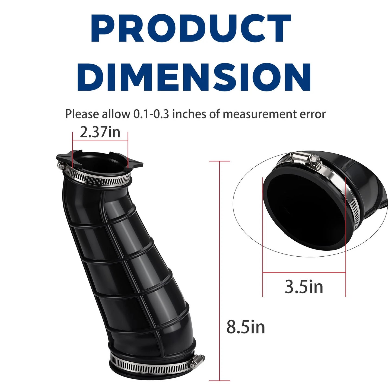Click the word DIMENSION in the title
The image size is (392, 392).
point(194,77)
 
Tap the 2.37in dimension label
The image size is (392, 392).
point(100,132)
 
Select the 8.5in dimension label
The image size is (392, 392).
point(246,327)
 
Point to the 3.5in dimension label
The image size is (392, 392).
point(304,287)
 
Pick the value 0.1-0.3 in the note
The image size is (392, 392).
point(151,114)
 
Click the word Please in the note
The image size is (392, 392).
point(82,114)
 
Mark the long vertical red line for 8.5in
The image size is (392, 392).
point(219,271)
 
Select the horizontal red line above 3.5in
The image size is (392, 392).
point(304,273)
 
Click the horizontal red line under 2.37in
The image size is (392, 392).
point(100,141)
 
